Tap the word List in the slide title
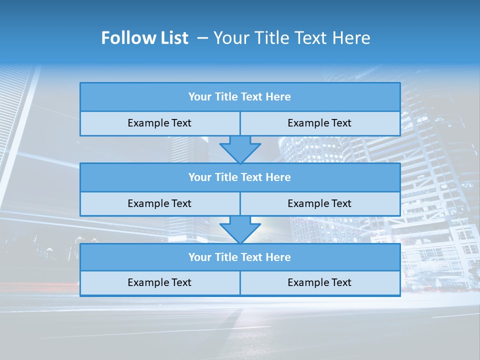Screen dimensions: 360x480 click(172, 38)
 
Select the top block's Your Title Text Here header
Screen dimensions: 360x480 click(239, 97)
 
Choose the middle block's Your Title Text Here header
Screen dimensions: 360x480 click(239, 177)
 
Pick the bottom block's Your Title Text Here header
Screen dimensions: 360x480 click(239, 257)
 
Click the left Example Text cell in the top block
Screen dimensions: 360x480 click(159, 123)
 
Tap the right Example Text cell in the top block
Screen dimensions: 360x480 click(319, 123)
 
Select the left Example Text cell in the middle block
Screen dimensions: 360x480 click(159, 203)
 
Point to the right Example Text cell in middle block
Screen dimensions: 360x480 click(319, 203)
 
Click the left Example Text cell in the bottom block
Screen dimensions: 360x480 click(159, 282)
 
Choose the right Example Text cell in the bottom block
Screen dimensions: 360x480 click(319, 282)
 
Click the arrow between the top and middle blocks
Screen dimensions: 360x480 click(240, 148)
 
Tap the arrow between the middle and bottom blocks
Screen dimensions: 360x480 click(240, 229)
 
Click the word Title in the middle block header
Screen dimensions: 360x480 click(226, 177)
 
